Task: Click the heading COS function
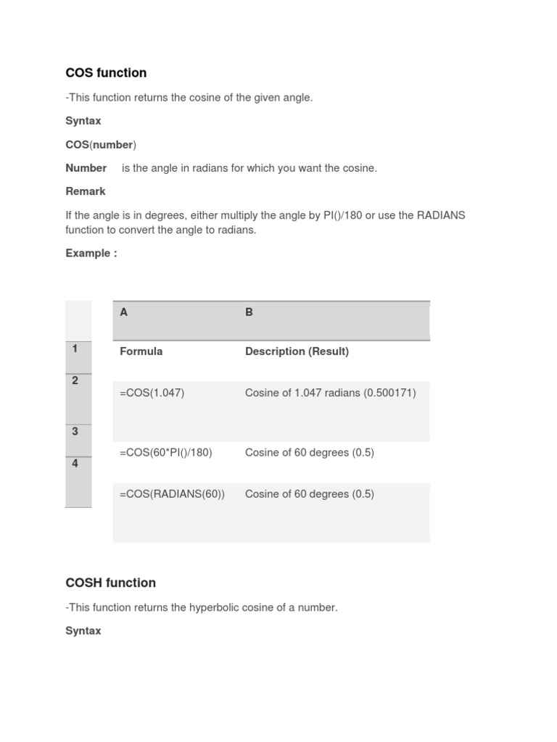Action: click(106, 72)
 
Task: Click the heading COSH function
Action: click(110, 583)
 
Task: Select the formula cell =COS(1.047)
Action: click(152, 393)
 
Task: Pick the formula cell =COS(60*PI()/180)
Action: click(166, 452)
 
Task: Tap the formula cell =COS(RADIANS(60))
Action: click(173, 494)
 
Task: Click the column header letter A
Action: click(124, 312)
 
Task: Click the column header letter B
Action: click(249, 312)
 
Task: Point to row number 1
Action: click(75, 349)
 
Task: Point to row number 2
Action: click(75, 380)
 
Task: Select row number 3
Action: click(75, 431)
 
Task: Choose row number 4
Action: click(75, 464)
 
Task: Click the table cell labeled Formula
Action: click(141, 351)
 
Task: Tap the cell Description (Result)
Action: click(297, 351)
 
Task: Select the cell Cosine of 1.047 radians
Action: click(330, 393)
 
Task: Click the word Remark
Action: click(86, 191)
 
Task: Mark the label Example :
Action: click(91, 253)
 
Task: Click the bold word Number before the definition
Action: click(86, 168)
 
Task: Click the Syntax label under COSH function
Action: click(83, 631)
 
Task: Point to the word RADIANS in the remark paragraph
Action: click(441, 216)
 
